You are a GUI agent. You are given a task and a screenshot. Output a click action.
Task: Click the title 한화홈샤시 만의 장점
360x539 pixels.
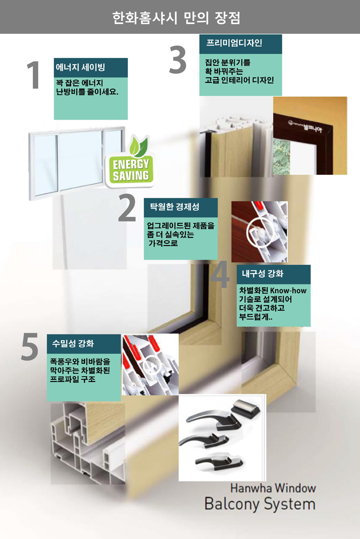pyautogui.click(x=176, y=17)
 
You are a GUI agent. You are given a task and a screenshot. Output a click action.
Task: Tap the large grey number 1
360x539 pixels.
pyautogui.click(x=34, y=75)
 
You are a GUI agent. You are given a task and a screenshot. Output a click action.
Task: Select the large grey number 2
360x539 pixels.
pyautogui.click(x=127, y=207)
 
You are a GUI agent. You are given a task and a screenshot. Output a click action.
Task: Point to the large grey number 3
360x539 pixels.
pyautogui.click(x=178, y=60)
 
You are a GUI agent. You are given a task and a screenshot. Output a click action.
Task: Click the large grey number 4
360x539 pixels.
pyautogui.click(x=220, y=274)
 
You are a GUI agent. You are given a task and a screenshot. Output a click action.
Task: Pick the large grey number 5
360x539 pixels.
pyautogui.click(x=30, y=346)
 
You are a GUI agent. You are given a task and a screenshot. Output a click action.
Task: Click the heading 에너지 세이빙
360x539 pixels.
pyautogui.click(x=80, y=67)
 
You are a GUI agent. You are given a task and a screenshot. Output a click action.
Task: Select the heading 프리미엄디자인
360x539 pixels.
pyautogui.click(x=234, y=43)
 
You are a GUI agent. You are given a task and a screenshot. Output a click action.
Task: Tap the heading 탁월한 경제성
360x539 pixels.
pyautogui.click(x=175, y=206)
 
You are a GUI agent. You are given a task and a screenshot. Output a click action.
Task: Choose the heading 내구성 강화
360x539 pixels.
pyautogui.click(x=263, y=274)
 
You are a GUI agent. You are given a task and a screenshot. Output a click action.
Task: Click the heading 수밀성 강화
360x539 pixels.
pyautogui.click(x=73, y=343)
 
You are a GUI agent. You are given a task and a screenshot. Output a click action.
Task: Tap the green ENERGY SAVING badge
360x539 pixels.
pyautogui.click(x=130, y=170)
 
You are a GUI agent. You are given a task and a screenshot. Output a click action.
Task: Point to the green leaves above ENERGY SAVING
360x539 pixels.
pyautogui.click(x=138, y=146)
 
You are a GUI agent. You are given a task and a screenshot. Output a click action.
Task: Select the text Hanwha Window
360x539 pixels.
pyautogui.click(x=273, y=488)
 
